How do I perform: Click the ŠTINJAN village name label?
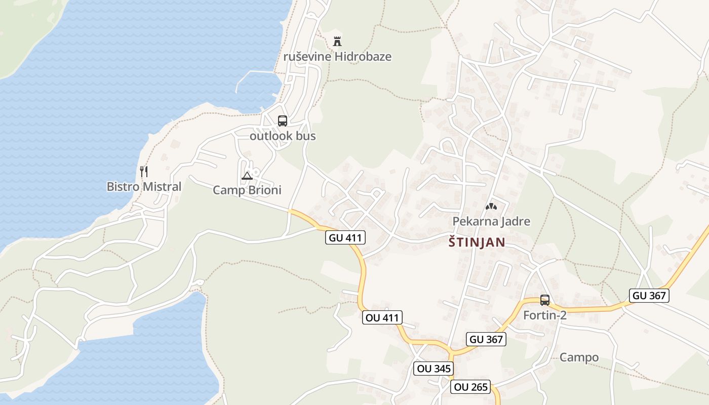point(477,242)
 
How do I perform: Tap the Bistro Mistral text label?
point(144,187)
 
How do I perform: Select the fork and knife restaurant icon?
point(144,171)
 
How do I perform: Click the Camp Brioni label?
point(247,190)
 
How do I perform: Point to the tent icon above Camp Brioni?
point(247,176)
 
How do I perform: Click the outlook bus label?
point(283,136)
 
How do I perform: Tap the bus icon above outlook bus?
point(283,121)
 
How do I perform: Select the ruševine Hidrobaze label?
point(337,57)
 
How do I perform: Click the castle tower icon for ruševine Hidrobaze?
point(337,42)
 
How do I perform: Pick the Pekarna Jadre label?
point(491,222)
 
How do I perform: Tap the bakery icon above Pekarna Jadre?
point(491,207)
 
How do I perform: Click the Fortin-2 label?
point(544,315)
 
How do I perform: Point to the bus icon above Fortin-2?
point(545,300)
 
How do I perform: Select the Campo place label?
point(579,358)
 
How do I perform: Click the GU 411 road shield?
point(345,237)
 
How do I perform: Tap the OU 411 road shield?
point(382,318)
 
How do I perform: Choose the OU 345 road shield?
point(433,369)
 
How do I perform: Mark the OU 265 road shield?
point(471,387)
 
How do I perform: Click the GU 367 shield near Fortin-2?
point(487,340)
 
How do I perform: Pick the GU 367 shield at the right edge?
point(649,296)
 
